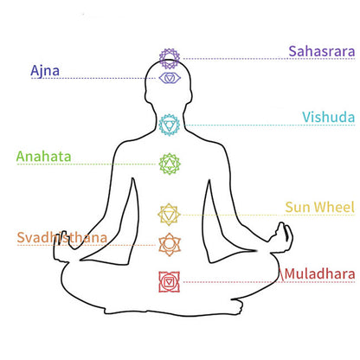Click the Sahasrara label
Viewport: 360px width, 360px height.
coord(322,51)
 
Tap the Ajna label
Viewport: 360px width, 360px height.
coord(45,71)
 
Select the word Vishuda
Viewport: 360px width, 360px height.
coord(328,118)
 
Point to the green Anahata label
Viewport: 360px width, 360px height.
coord(43,157)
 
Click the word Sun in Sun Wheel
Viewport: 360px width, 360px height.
coord(298,208)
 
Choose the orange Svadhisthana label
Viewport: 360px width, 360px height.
coord(62,237)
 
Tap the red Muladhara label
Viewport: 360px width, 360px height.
coord(319,274)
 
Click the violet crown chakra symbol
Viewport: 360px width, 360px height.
coord(170,59)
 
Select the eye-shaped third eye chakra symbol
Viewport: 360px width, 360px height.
coord(170,78)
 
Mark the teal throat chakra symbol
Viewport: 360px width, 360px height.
coord(170,125)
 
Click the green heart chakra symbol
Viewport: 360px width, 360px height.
coord(170,164)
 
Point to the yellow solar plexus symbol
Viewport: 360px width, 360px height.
coord(169,215)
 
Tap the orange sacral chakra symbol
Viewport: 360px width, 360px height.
coord(170,245)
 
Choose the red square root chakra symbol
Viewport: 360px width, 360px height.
coord(170,282)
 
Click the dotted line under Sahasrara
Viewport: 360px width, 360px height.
coord(269,59)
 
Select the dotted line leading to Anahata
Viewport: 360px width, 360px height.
coord(87,164)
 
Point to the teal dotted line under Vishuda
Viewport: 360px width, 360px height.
coord(270,125)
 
